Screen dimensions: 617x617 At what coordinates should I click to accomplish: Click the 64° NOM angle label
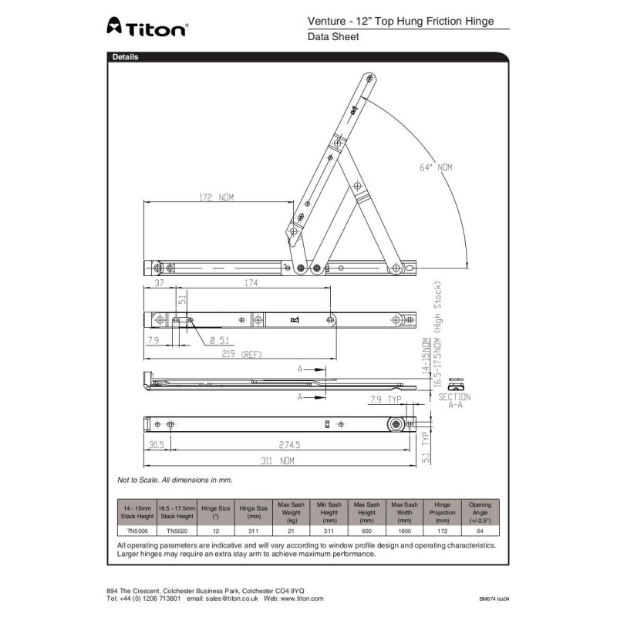[437, 167]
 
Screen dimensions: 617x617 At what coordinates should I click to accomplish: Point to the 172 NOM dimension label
[216, 197]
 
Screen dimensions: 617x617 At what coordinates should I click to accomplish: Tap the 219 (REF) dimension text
[241, 354]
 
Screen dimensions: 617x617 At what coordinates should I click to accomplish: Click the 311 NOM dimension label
[277, 461]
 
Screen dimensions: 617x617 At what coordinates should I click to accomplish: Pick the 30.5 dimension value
[157, 446]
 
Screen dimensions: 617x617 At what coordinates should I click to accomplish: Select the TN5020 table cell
[175, 531]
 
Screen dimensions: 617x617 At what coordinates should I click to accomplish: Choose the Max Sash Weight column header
[292, 512]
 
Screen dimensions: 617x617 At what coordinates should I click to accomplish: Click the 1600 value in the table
[404, 531]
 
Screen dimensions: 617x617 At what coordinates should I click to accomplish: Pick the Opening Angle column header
[480, 512]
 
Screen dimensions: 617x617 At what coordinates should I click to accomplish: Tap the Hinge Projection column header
[442, 512]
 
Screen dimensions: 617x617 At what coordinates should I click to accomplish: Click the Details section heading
[126, 57]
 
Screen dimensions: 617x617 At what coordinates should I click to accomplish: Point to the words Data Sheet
[333, 36]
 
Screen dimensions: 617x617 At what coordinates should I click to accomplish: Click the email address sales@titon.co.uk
[230, 598]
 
